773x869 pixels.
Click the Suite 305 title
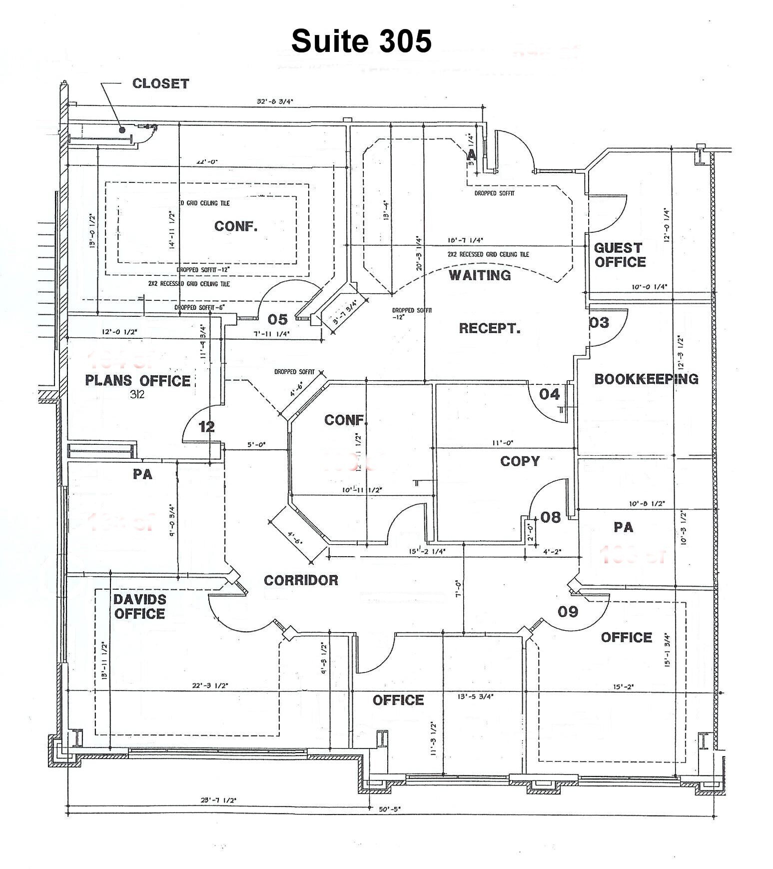pos(361,40)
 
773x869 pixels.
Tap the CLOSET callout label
pos(160,83)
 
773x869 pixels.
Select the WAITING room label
pos(480,275)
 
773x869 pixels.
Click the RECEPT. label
pos(490,328)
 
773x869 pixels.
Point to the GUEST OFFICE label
pos(620,255)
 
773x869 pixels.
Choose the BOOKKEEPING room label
pos(646,379)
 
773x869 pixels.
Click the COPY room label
pos(520,461)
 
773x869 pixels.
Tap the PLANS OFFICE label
pos(138,381)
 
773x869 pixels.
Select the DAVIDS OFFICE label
pos(139,607)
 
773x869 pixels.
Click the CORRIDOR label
pos(301,580)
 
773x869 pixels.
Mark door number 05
pos(278,319)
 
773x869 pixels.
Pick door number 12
pos(207,427)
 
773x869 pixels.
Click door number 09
pos(568,612)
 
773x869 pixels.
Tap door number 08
pos(551,517)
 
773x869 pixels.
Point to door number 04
pos(549,394)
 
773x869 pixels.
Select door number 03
pos(599,323)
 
